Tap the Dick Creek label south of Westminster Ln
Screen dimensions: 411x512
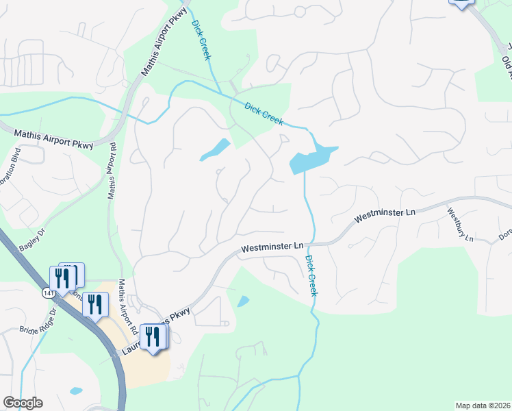tap(311, 275)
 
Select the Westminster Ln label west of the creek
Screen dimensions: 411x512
tap(272, 247)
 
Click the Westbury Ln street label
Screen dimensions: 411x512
tap(459, 224)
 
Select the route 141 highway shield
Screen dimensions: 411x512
tap(45, 292)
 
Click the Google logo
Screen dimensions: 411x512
tap(23, 403)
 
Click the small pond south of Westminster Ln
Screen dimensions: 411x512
tap(243, 301)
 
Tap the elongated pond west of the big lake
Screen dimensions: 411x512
tap(215, 149)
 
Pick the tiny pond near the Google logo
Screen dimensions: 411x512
tap(75, 391)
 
